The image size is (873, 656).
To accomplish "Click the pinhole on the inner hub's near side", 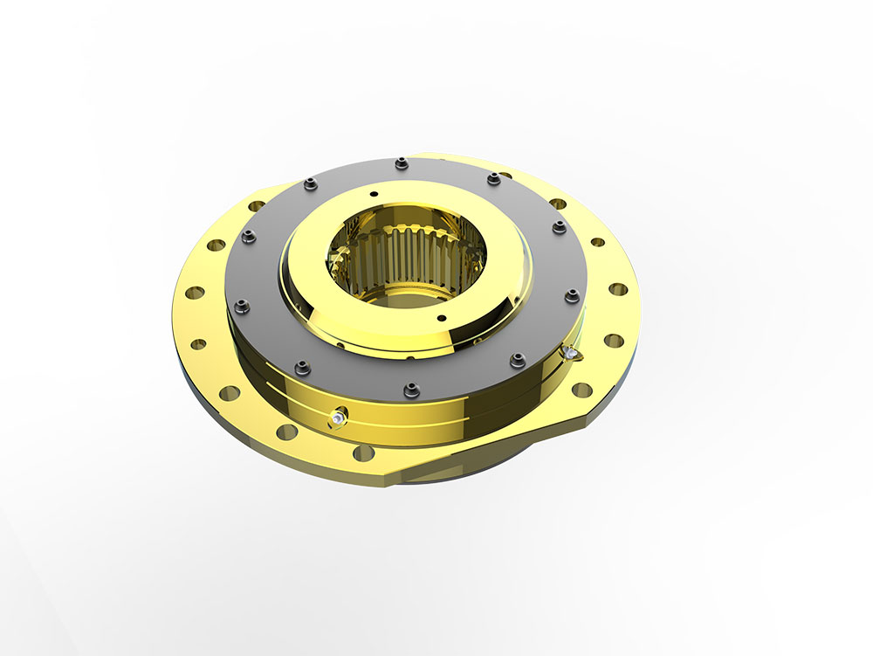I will click(x=443, y=317).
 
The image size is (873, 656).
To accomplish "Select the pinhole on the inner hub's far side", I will click(x=372, y=194).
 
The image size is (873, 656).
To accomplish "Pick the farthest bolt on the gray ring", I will click(x=400, y=162).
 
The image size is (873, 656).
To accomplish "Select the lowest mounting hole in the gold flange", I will click(x=363, y=452).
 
